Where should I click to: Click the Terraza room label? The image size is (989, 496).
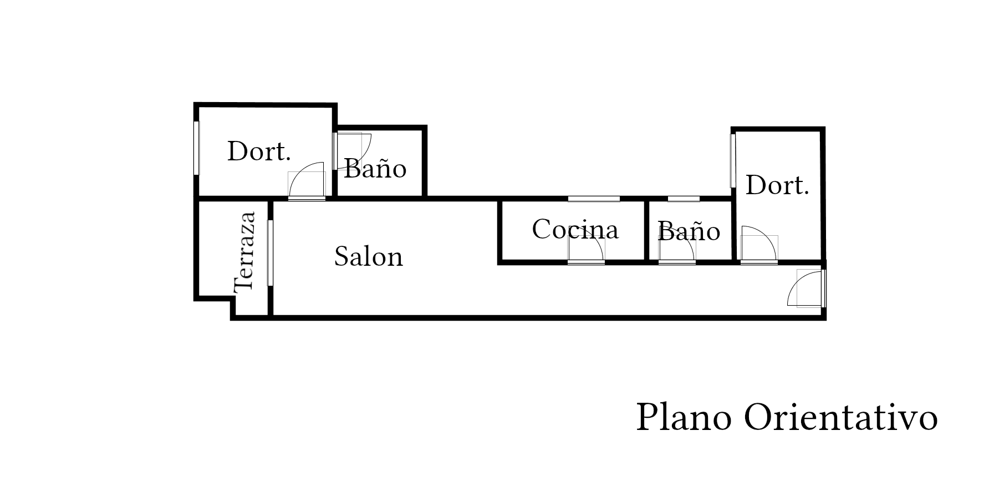[244, 251]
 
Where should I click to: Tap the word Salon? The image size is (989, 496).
[368, 257]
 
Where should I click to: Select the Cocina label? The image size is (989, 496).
[575, 229]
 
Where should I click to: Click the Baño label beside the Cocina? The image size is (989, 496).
[689, 231]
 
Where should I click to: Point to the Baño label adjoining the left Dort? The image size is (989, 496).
[375, 168]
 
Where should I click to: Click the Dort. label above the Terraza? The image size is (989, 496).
[259, 151]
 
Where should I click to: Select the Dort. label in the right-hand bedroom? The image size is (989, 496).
[777, 185]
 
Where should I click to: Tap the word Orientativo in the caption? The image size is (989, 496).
[840, 417]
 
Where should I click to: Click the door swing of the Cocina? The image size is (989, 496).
[587, 247]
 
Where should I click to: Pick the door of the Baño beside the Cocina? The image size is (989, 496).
[677, 248]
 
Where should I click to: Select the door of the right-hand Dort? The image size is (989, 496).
[759, 244]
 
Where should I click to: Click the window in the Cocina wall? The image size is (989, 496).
[594, 199]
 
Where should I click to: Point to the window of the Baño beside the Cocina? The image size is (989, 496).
[684, 199]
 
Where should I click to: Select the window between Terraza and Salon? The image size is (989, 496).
[271, 253]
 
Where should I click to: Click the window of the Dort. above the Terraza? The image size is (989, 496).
[196, 148]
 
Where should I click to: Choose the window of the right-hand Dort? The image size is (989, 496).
[733, 161]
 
